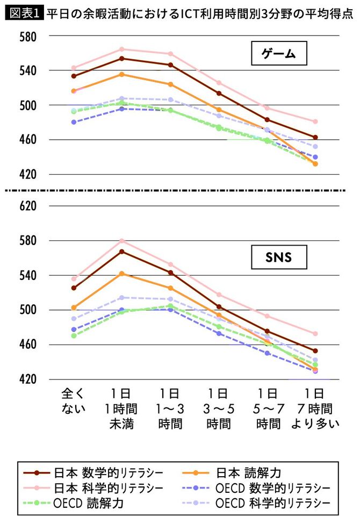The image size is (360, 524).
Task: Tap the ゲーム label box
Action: click(279, 54)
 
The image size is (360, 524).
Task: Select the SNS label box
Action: click(279, 257)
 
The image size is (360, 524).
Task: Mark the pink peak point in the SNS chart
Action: click(122, 241)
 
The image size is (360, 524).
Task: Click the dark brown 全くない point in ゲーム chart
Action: click(74, 76)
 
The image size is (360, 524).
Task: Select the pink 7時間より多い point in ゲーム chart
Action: click(315, 121)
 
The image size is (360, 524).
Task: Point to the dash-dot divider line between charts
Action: click(180, 190)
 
